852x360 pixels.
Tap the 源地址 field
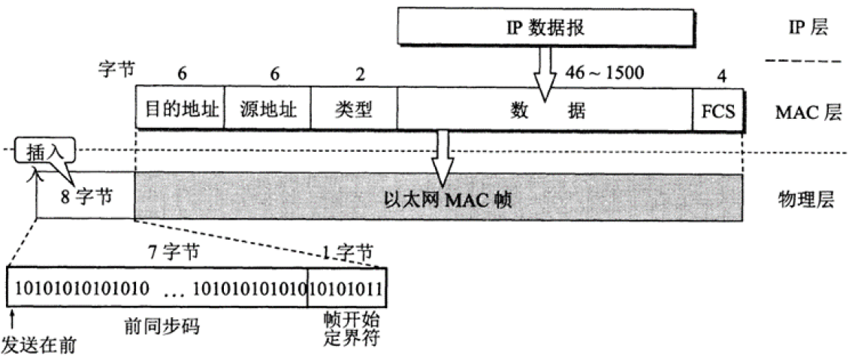tap(267, 111)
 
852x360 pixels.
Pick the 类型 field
tap(353, 111)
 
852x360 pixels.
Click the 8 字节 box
tap(86, 198)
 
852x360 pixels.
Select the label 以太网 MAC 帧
tap(439, 199)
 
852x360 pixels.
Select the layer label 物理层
tap(805, 199)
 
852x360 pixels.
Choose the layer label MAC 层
tap(805, 113)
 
